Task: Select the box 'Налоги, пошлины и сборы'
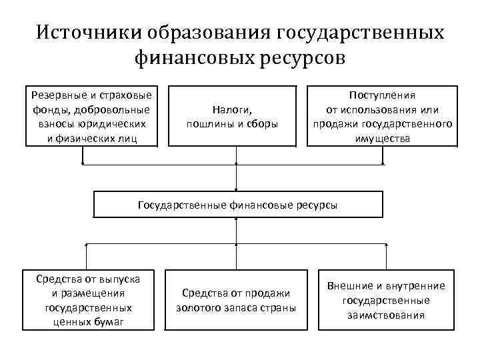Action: pos(232,115)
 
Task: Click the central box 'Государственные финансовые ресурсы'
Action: pos(238,205)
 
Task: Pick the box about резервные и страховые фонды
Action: pos(92,115)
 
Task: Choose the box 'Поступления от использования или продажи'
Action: pos(382,115)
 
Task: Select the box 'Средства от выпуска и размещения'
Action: pos(88,300)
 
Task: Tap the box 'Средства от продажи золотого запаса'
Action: pos(237,300)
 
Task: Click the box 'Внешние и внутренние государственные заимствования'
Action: pos(386,300)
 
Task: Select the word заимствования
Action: pos(386,315)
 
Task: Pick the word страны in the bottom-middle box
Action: pos(281,307)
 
